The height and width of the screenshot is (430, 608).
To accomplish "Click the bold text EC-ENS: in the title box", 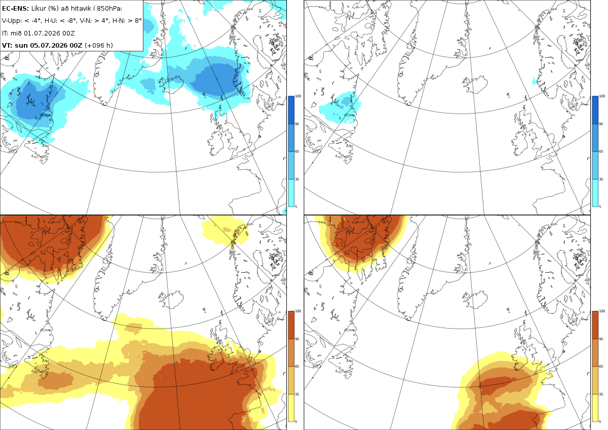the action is [x=15, y=9].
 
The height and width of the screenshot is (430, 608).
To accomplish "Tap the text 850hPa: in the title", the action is [x=109, y=9].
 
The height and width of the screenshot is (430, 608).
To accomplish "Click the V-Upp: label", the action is [x=12, y=21].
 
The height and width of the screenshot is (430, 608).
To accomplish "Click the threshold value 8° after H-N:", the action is [x=138, y=21].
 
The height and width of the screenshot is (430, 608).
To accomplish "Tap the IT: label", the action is [x=5, y=33].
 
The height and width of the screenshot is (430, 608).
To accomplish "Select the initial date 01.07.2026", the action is [x=42, y=33].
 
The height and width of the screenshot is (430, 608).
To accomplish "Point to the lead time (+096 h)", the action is [x=98, y=45].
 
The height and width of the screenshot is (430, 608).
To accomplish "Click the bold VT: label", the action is [x=7, y=45].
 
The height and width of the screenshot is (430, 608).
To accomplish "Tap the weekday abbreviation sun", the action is [x=21, y=45].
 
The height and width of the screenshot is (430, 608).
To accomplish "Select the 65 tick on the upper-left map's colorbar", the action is [x=297, y=151].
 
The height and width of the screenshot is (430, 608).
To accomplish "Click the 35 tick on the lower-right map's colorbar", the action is [x=601, y=394].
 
